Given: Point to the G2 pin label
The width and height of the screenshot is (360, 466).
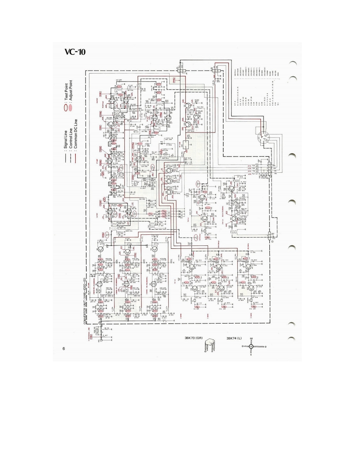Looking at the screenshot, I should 251,339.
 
